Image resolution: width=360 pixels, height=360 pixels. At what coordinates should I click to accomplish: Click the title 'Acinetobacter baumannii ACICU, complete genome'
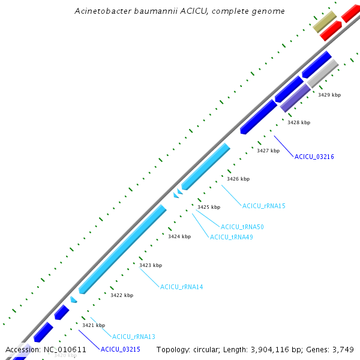pos(180,11)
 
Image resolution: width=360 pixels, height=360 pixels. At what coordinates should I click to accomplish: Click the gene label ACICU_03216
pos(314,157)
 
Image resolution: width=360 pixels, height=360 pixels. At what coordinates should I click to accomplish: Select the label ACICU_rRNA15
pos(263,206)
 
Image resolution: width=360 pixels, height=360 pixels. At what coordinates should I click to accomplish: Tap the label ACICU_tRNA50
pos(242,227)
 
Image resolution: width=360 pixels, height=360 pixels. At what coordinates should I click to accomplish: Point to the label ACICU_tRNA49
pos(231,237)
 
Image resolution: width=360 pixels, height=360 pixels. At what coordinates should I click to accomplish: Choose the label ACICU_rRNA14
pos(181,287)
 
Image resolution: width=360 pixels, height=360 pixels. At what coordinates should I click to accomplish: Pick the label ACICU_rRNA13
pos(133,337)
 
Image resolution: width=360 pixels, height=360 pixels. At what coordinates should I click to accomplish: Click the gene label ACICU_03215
pos(120,349)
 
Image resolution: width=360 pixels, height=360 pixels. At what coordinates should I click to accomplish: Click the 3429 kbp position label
pos(329,95)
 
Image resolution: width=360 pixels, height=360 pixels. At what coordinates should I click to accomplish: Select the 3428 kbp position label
pos(299,122)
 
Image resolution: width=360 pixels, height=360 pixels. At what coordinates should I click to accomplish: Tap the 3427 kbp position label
pos(268,151)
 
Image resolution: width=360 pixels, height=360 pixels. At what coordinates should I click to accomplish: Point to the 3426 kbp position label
pos(238,179)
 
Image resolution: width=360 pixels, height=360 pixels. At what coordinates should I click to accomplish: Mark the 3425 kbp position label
pos(209,207)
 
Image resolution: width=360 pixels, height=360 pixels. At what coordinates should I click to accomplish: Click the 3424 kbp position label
pos(179,236)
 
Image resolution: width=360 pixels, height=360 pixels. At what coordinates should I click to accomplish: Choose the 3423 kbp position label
pos(151,265)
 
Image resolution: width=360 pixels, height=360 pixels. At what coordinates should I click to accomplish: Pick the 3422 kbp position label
pos(122,295)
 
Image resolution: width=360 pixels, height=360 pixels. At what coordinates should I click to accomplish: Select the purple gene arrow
pos(295,98)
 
